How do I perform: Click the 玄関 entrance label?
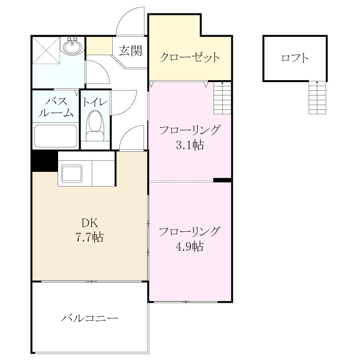pyautogui.click(x=131, y=50)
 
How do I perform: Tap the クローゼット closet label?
pyautogui.click(x=190, y=57)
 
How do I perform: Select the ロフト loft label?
pyautogui.click(x=295, y=58)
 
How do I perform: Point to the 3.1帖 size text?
pyautogui.click(x=190, y=145)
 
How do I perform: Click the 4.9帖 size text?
pyautogui.click(x=190, y=246)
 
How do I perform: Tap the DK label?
pyautogui.click(x=90, y=222)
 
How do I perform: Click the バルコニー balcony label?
pyautogui.click(x=90, y=318)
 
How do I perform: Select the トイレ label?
pyautogui.click(x=96, y=102)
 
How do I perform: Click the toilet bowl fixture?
pyautogui.click(x=95, y=125)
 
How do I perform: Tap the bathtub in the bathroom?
pyautogui.click(x=55, y=136)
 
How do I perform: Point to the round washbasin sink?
pyautogui.click(x=72, y=47)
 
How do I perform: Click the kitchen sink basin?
pyautogui.click(x=72, y=174)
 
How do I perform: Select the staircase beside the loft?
pyautogui.click(x=317, y=97)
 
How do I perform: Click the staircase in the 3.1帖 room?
pyautogui.click(x=222, y=98)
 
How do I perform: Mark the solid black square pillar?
pyautogui.click(x=45, y=161)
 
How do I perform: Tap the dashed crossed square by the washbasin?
pyautogui.click(x=46, y=50)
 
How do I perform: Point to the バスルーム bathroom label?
pyautogui.click(x=56, y=107)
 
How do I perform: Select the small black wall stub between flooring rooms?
pyautogui.click(x=222, y=180)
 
